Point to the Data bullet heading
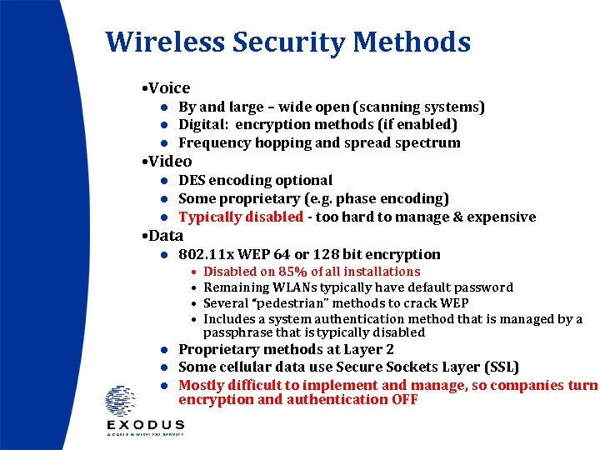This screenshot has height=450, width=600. [x=165, y=235]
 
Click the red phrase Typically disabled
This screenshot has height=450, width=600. [x=241, y=217]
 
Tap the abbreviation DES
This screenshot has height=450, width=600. [x=192, y=180]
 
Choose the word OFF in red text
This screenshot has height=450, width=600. [x=404, y=399]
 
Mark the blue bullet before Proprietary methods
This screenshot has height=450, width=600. [x=166, y=350]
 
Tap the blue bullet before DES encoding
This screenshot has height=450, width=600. [x=166, y=181]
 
